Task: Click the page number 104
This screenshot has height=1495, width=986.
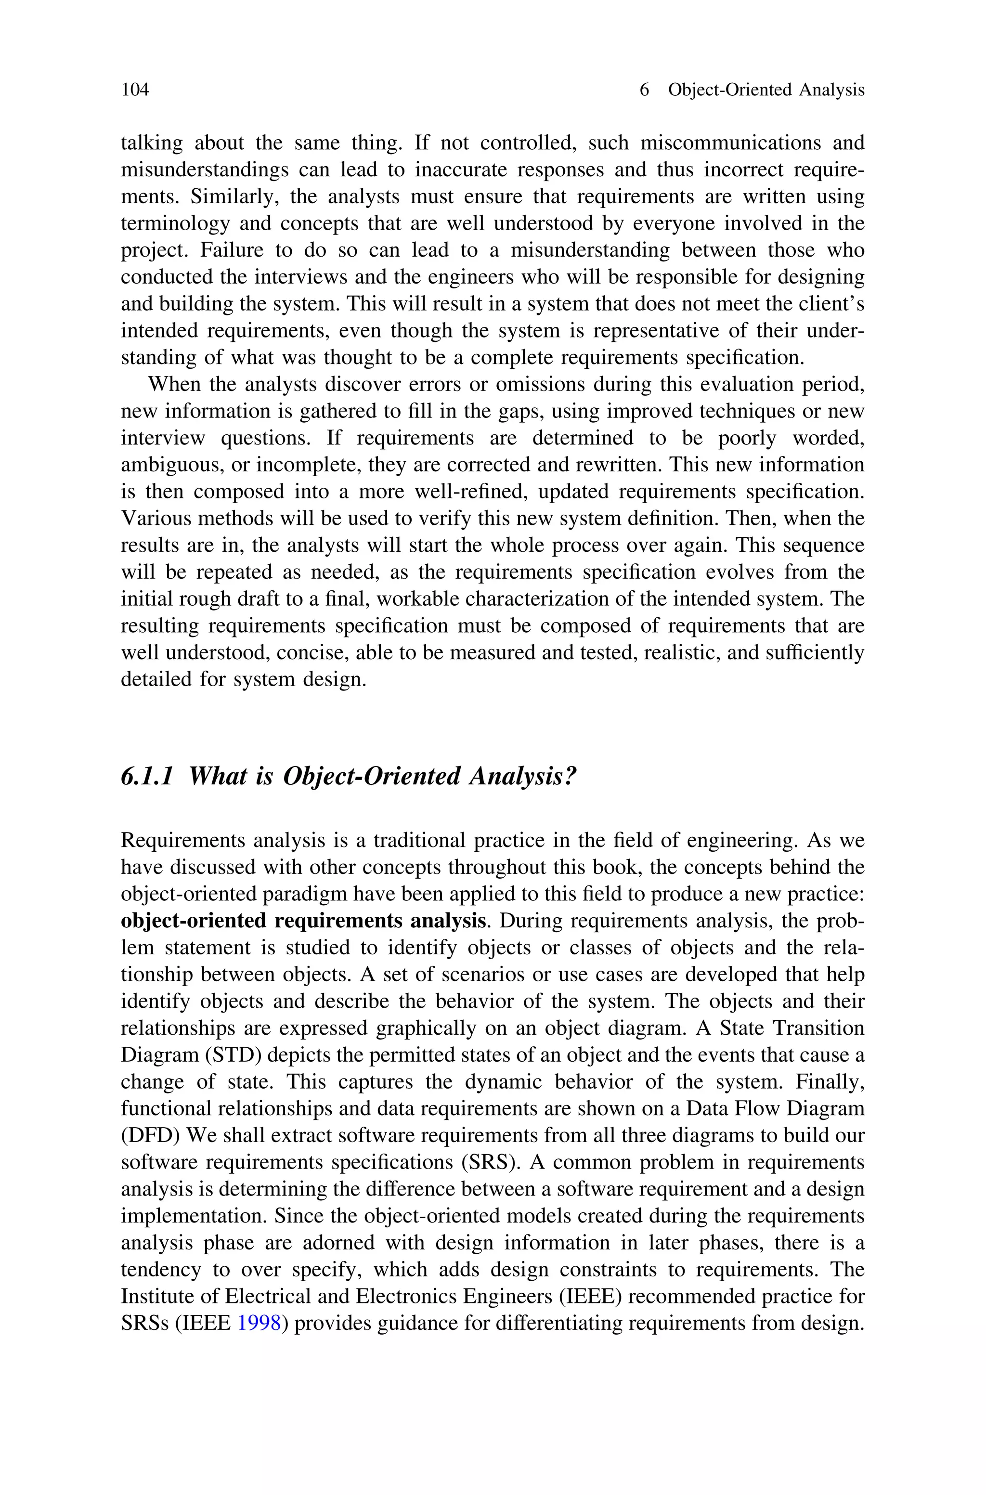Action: point(135,90)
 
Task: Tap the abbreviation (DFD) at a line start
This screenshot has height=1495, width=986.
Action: point(151,1135)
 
